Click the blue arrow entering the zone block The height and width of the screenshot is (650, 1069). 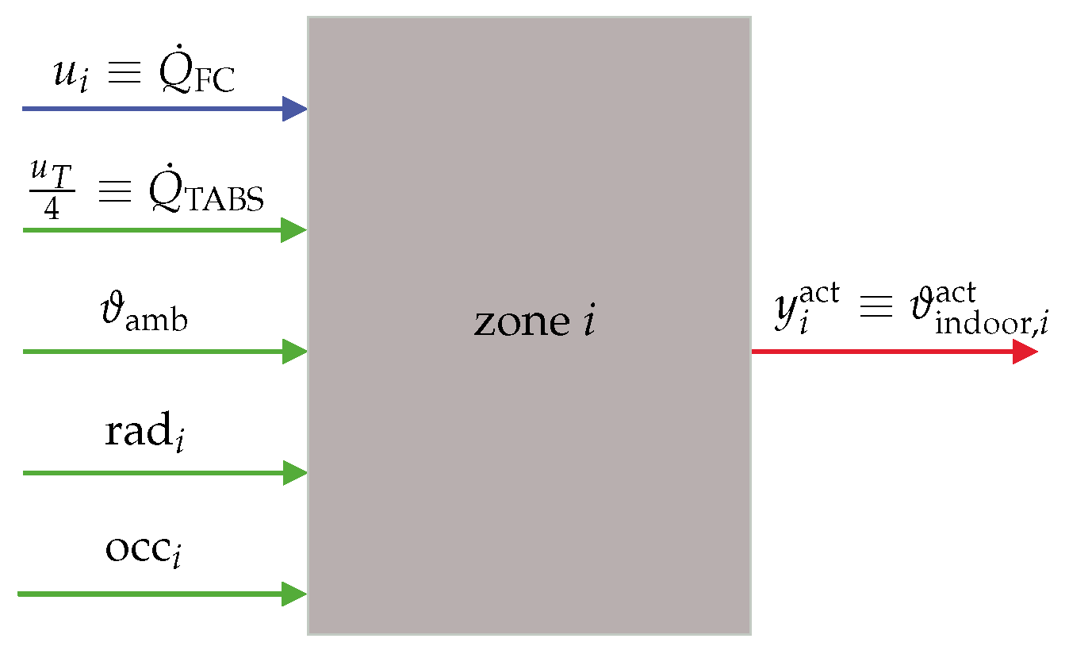click(x=159, y=108)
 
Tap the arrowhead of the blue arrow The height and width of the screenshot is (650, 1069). click(x=296, y=108)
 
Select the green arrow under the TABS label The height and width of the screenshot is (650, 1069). click(x=159, y=230)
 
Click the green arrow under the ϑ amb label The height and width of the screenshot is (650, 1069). click(x=159, y=351)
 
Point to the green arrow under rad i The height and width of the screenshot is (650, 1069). click(x=159, y=473)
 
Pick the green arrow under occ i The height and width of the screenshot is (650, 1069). click(x=159, y=594)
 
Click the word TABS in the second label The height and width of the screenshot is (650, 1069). click(x=226, y=203)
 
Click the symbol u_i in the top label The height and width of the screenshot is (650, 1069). click(x=68, y=78)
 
